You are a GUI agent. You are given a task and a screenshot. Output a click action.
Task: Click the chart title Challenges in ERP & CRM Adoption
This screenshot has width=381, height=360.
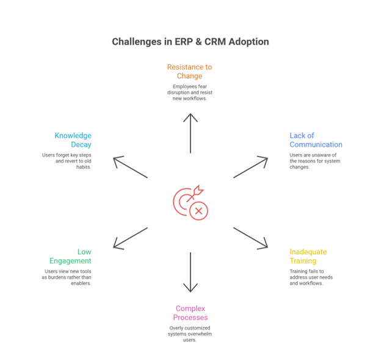coord(191,42)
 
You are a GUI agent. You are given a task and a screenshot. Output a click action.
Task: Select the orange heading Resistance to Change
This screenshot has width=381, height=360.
coord(191,71)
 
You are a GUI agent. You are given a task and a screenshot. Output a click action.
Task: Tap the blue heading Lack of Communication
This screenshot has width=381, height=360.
coord(316,140)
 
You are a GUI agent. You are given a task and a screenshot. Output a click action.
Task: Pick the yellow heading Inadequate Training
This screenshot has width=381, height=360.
coord(308,256)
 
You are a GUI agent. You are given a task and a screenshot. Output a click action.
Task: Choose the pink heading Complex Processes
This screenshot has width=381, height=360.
coord(191,313)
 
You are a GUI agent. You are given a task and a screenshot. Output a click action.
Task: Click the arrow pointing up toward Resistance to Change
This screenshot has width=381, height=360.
coord(191,133)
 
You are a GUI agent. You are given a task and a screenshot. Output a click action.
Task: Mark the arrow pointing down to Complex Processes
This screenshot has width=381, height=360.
coord(191,272)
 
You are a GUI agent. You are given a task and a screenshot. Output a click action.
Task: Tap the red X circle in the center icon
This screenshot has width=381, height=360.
coord(198,211)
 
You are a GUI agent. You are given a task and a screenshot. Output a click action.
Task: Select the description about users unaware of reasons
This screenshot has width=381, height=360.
coord(315,161)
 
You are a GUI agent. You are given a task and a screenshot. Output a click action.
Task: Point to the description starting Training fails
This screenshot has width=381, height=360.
coord(311,277)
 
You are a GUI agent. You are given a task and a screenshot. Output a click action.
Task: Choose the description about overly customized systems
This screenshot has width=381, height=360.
coord(191,334)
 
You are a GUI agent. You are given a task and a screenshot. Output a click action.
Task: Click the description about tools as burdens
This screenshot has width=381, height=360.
coord(67,277)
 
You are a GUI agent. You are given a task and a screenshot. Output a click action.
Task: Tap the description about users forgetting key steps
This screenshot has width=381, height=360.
coord(67,161)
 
